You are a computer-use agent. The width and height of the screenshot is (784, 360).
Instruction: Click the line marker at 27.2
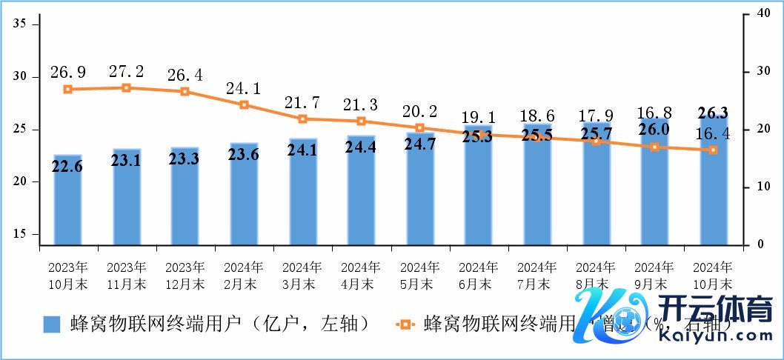126,87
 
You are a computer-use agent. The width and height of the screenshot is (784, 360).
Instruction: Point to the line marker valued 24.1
244,104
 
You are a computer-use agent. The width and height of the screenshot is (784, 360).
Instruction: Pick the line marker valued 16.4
714,150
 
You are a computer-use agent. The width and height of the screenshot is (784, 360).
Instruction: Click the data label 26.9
67,72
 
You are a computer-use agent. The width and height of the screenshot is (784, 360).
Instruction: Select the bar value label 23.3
185,159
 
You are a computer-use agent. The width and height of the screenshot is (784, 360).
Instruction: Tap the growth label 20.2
420,111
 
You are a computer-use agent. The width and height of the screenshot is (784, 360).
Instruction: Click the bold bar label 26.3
714,113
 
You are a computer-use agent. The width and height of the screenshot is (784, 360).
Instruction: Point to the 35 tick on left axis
20,24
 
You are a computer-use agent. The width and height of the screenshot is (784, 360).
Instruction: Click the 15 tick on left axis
20,234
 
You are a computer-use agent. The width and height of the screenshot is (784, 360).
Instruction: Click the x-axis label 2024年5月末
420,275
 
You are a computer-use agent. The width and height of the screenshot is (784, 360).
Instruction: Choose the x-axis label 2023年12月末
185,275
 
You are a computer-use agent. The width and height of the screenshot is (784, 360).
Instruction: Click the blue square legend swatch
51,324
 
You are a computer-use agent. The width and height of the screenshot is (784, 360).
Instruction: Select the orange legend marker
405,324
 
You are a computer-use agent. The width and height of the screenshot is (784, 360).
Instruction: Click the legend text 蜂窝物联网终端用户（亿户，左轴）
219,324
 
